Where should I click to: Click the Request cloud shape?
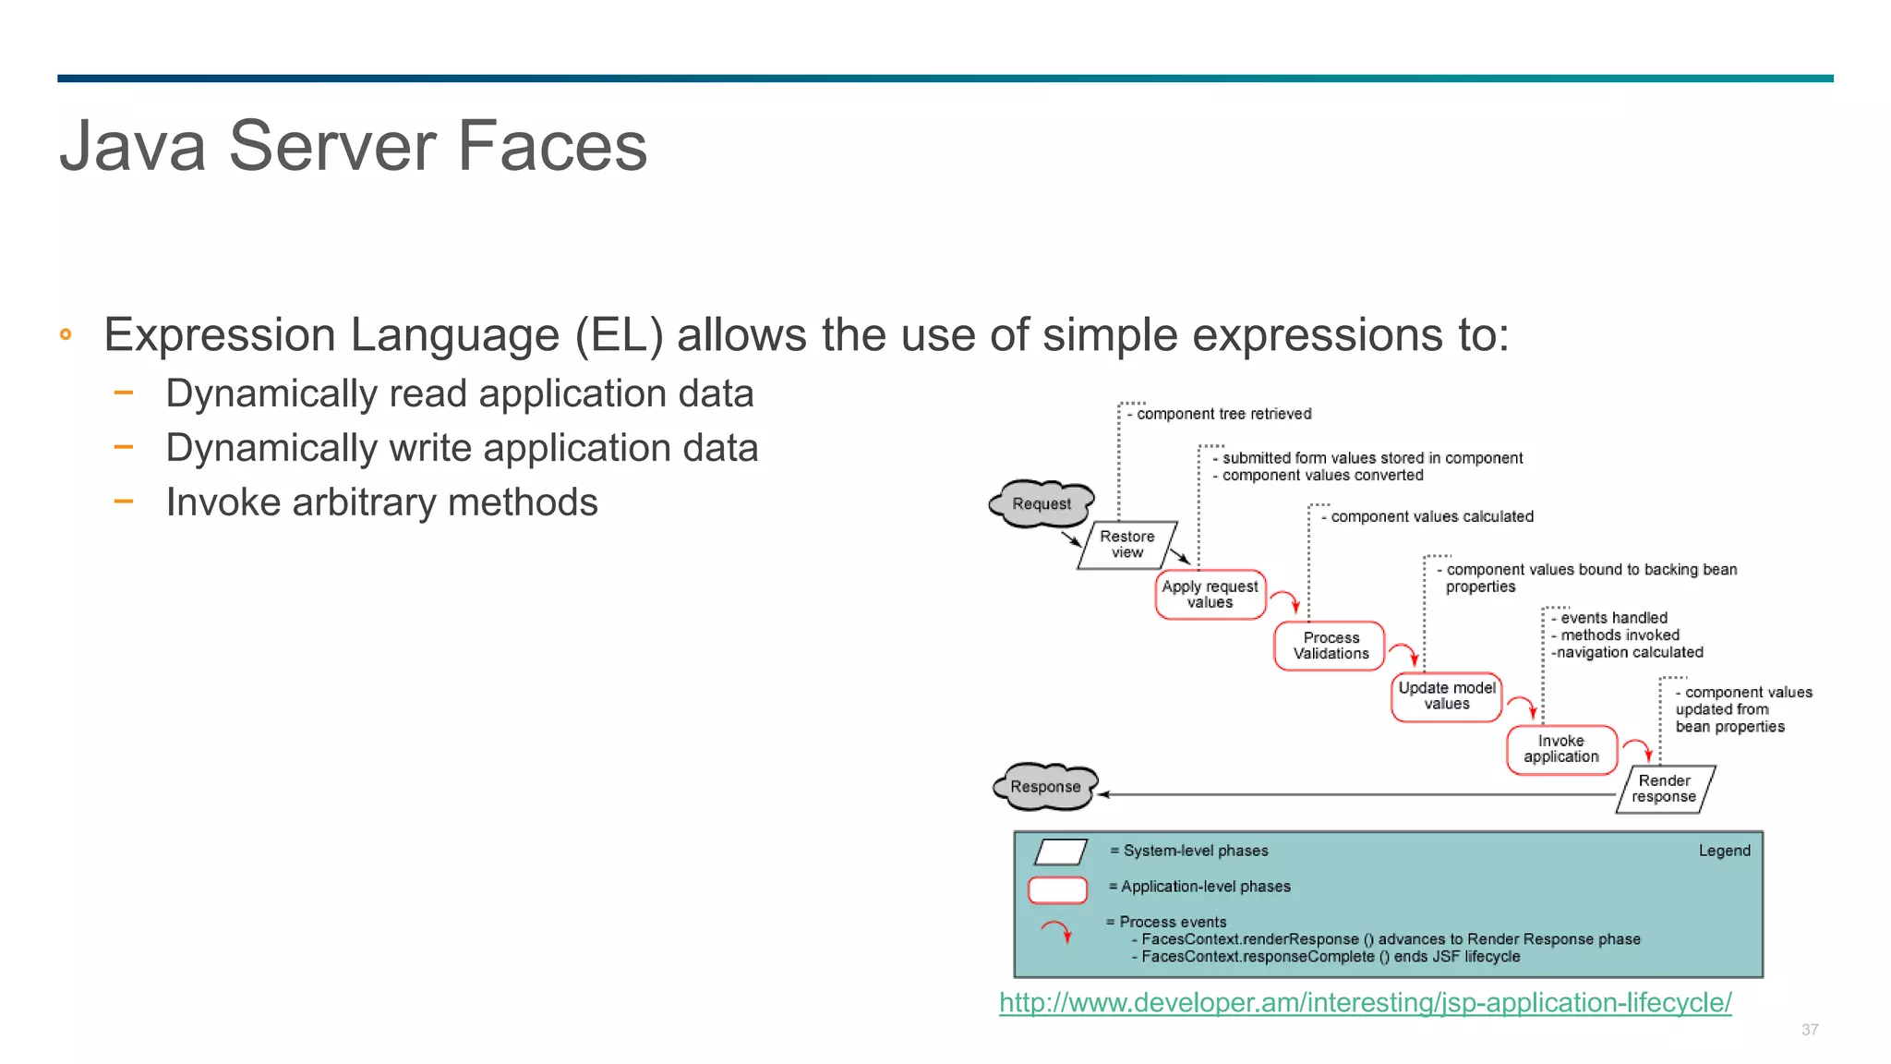1042,503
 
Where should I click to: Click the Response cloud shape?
1045,787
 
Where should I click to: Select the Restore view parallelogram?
1126,545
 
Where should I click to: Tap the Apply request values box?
1210,595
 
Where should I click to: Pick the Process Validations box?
1331,646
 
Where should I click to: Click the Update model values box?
1446,696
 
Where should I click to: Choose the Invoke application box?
1561,749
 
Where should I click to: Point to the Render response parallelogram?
1664,789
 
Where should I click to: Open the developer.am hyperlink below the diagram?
1365,1002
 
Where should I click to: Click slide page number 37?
1810,1029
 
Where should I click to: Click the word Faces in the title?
552,146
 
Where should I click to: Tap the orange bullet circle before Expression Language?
66,334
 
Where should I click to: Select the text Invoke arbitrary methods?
381,502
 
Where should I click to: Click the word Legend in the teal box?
1724,851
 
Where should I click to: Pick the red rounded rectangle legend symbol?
1057,889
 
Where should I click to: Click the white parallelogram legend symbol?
1060,852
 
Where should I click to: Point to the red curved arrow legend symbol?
1057,931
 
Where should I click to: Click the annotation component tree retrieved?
1223,414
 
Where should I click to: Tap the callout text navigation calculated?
1629,652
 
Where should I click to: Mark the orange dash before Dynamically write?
124,448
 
